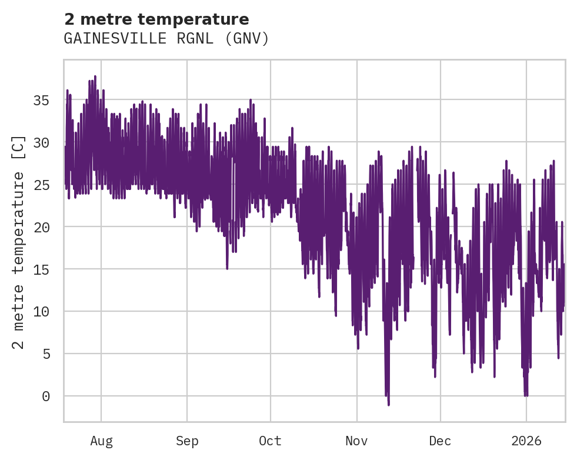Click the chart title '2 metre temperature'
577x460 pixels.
[x=156, y=19]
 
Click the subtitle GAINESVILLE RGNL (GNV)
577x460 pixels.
[x=166, y=39]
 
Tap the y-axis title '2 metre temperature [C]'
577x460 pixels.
[x=19, y=242]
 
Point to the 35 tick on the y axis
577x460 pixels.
[x=41, y=101]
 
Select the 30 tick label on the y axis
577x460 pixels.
[x=41, y=143]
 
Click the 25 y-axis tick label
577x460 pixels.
[x=41, y=185]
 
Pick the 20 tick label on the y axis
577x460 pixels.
[x=41, y=227]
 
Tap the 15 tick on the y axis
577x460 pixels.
[x=41, y=269]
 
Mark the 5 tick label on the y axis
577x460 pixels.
[x=45, y=354]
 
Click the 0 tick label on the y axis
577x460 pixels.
[x=45, y=396]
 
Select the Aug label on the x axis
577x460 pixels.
[x=101, y=441]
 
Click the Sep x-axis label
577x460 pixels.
[x=187, y=441]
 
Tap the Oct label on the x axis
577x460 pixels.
[x=271, y=441]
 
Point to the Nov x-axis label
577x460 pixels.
[x=356, y=441]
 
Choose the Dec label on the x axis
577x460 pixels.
[x=440, y=441]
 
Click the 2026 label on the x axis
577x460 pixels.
[x=526, y=441]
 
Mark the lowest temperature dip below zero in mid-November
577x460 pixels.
[x=389, y=405]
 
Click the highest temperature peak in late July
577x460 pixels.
[x=95, y=76]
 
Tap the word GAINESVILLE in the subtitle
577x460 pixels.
[x=105, y=39]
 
